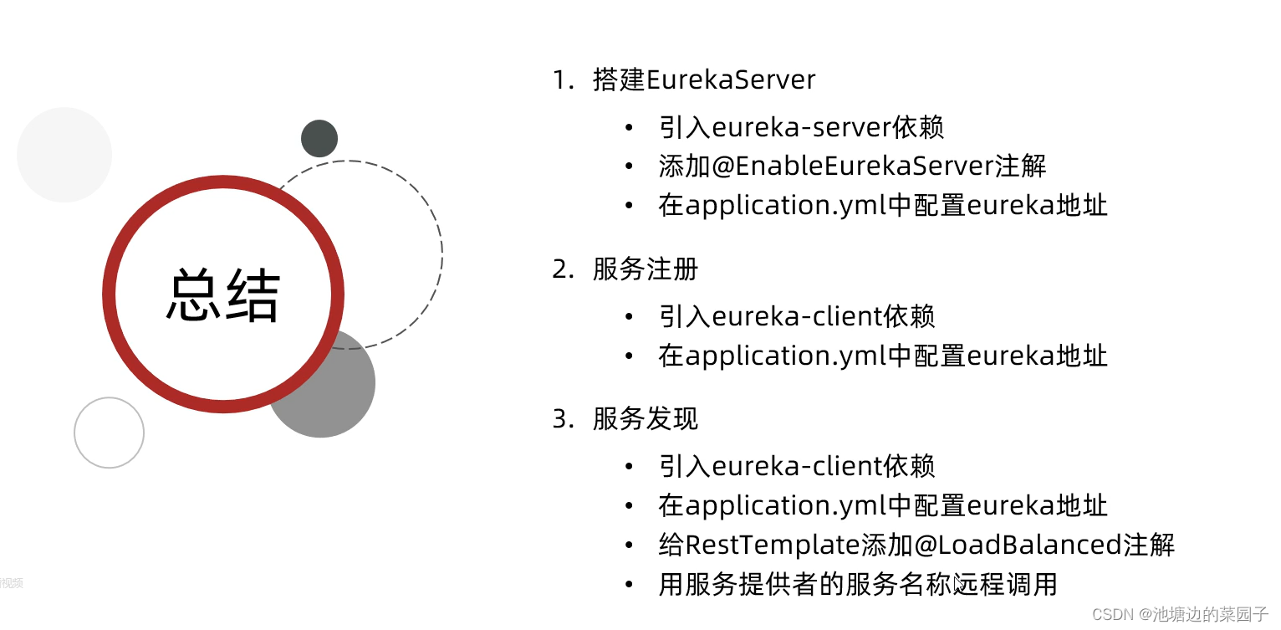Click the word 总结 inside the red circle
[x=223, y=295]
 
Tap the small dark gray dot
[x=319, y=138]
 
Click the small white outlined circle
[x=109, y=433]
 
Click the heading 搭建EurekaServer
[x=704, y=79]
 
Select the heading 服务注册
[x=645, y=269]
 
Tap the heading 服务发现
[x=645, y=418]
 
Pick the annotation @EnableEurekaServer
[x=853, y=166]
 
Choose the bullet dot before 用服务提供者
[x=630, y=584]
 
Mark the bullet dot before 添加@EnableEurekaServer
[x=630, y=166]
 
